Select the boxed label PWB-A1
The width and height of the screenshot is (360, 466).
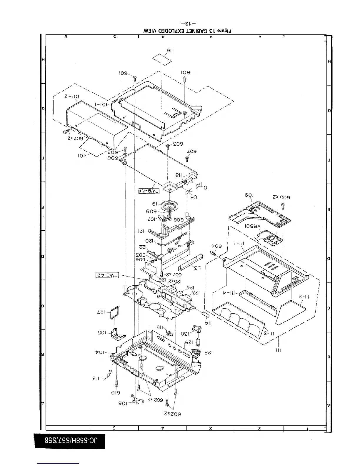click(x=149, y=191)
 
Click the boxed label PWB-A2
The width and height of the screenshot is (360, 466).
click(x=109, y=275)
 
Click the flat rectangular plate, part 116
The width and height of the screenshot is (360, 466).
click(x=162, y=60)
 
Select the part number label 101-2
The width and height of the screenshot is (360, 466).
click(x=72, y=97)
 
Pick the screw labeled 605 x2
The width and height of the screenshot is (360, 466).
click(x=283, y=205)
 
